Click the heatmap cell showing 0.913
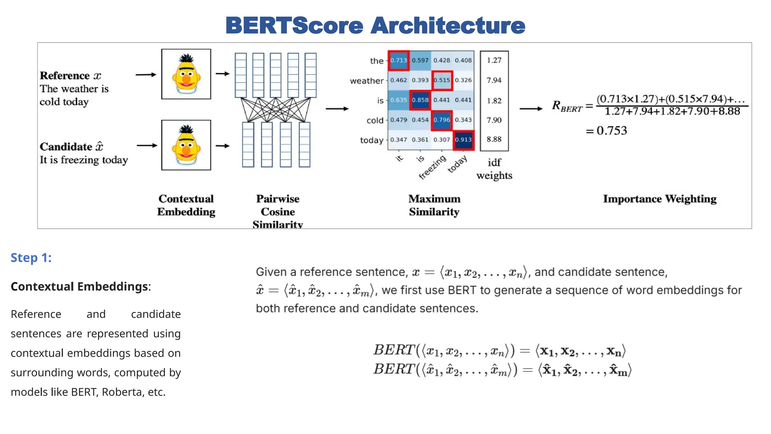(463, 140)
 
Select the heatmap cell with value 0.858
(420, 100)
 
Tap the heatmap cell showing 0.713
(399, 60)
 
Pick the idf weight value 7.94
(494, 80)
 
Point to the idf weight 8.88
(494, 139)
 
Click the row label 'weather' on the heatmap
(366, 81)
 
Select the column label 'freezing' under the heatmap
(433, 167)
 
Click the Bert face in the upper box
(186, 74)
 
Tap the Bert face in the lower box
(186, 145)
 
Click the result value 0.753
(611, 131)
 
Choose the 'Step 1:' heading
(31, 258)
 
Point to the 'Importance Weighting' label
(660, 199)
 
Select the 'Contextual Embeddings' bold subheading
(79, 287)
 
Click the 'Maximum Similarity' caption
(434, 205)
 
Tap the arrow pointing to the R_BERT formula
(531, 109)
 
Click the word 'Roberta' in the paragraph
(121, 392)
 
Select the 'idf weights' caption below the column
(494, 169)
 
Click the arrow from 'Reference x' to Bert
(146, 75)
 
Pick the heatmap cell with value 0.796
(442, 120)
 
